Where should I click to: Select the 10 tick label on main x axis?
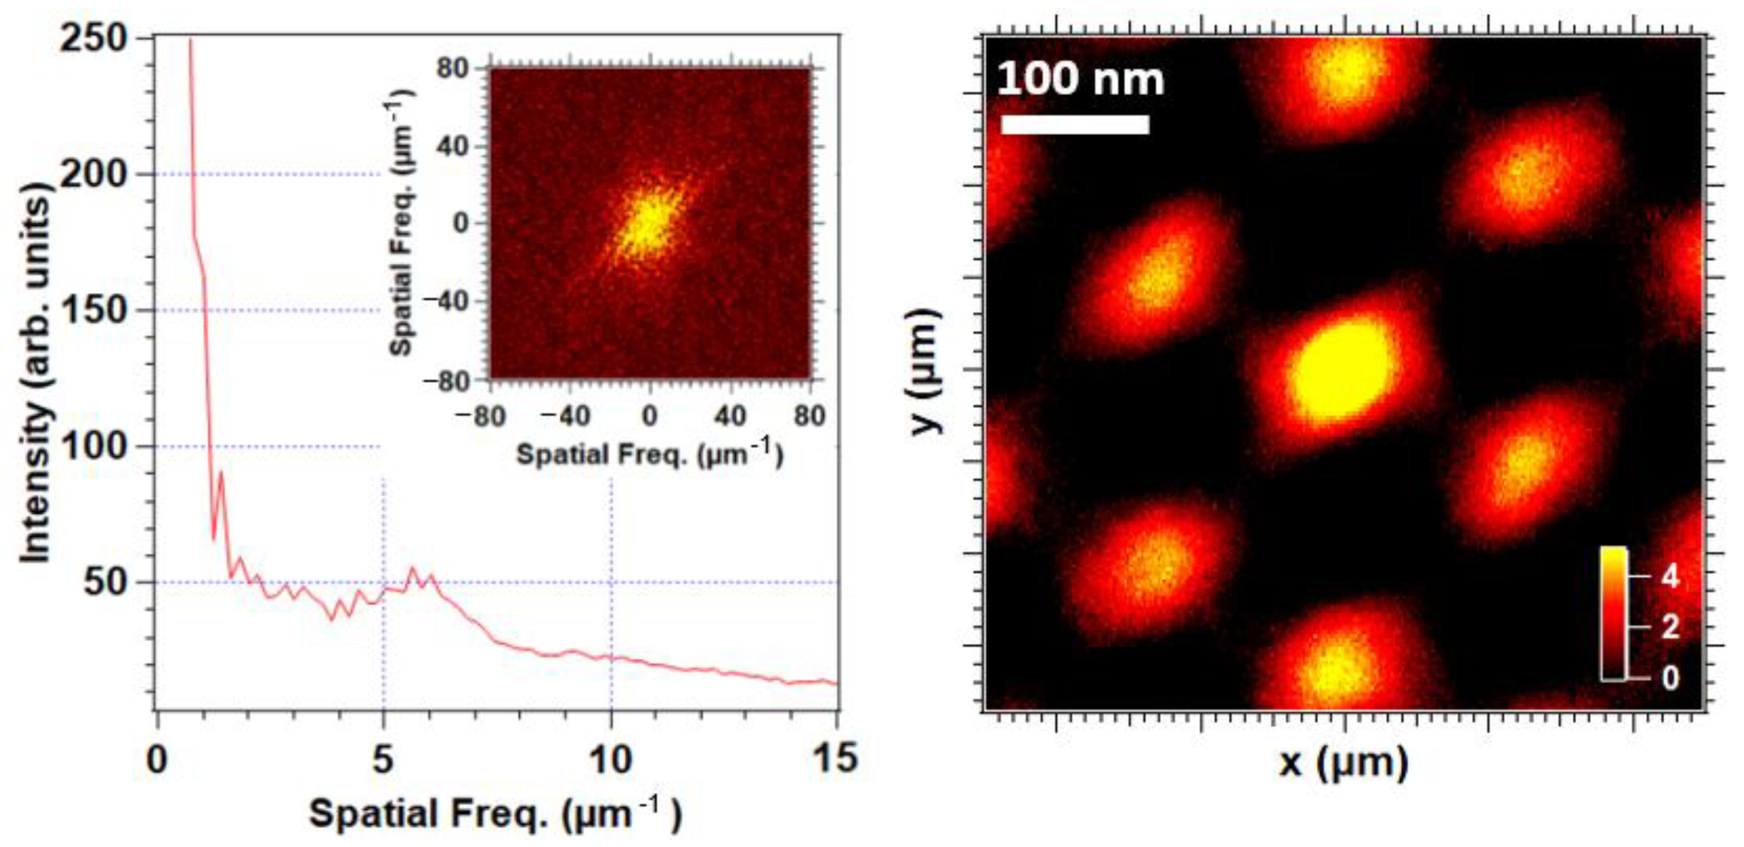point(610,759)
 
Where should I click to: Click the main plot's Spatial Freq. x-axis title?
point(496,814)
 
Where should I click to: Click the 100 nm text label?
point(1080,80)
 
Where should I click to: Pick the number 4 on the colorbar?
point(1670,577)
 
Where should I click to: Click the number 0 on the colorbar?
point(1670,678)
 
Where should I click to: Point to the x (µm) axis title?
point(1343,763)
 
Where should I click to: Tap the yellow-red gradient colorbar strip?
point(1613,613)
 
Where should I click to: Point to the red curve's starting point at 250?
point(190,40)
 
